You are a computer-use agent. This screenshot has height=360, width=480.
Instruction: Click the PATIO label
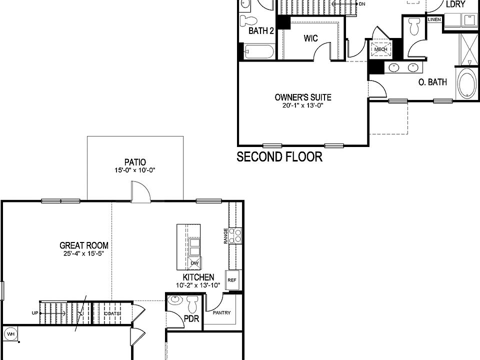135,162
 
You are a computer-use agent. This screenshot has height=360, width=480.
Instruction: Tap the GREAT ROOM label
84,245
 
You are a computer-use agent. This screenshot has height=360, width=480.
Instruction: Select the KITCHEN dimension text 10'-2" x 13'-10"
198,285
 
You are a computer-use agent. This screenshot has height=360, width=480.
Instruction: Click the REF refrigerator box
231,280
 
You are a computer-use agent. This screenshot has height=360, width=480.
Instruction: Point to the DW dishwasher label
195,263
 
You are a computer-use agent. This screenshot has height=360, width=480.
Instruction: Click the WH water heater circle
10,334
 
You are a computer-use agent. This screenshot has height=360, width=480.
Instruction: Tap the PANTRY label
221,313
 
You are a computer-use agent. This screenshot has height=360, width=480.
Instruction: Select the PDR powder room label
191,318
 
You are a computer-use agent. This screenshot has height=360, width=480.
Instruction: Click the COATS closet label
112,313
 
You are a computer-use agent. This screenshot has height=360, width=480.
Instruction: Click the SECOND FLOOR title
279,157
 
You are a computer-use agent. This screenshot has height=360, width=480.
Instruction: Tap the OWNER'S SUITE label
303,97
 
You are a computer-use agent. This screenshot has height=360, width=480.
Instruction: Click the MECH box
380,49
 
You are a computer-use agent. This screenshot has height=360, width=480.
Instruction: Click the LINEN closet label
434,19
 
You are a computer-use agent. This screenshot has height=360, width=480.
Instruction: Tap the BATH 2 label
261,31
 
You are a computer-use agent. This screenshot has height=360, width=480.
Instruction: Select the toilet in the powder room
193,303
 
